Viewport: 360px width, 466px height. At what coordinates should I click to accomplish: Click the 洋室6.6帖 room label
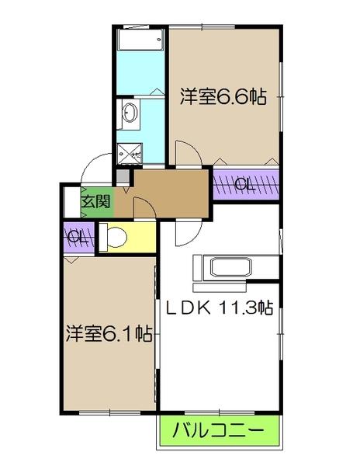[x=223, y=97]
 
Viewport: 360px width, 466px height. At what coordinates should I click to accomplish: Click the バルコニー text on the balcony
[x=219, y=429]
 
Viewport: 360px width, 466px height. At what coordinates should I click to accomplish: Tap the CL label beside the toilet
[x=77, y=238]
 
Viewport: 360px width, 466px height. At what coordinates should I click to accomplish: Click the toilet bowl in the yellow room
[x=114, y=236]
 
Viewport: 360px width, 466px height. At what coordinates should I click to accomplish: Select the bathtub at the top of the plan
[x=140, y=40]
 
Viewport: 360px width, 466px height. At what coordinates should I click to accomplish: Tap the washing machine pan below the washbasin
[x=128, y=152]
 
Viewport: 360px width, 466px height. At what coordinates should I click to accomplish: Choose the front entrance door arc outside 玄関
[x=98, y=165]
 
